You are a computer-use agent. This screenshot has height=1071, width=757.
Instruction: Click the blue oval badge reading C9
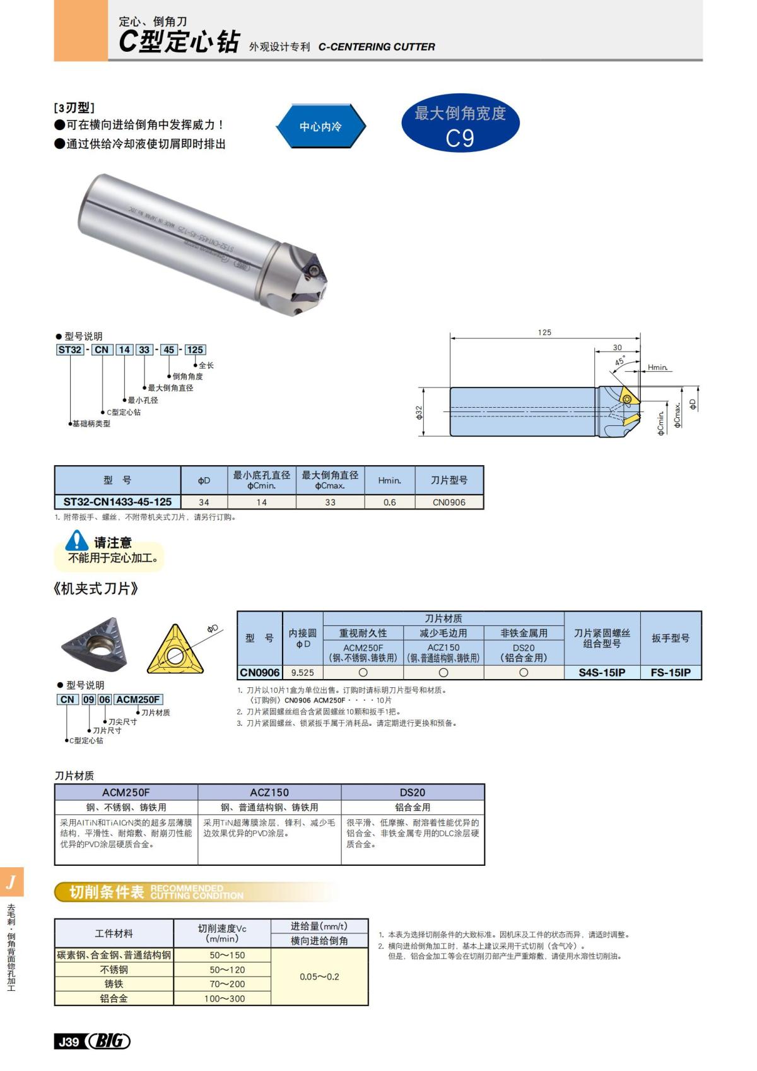(460, 125)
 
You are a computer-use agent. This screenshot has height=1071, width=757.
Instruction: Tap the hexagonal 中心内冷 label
(320, 126)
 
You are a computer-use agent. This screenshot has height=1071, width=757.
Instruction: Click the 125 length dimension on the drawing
(544, 333)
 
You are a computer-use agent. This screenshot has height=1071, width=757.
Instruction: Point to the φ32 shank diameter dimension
(419, 411)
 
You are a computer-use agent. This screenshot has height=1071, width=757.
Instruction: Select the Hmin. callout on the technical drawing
(657, 367)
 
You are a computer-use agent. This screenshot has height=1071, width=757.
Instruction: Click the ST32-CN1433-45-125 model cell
(117, 502)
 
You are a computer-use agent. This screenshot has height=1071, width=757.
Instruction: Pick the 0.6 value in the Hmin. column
(390, 502)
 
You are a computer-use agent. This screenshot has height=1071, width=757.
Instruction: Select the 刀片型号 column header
(449, 480)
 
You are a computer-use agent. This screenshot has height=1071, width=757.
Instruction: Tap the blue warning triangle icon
(78, 540)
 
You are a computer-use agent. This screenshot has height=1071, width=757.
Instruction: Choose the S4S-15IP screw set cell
(602, 673)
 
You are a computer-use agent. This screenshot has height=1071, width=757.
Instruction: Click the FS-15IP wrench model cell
(671, 673)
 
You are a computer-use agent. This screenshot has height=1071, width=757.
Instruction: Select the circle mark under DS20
(524, 673)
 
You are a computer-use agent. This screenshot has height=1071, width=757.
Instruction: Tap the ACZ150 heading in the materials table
(269, 792)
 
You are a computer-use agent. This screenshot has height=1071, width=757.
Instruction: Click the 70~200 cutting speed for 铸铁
(224, 984)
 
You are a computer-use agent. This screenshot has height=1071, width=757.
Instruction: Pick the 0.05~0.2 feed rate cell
(319, 976)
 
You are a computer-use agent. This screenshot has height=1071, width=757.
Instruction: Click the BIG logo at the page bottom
(109, 1041)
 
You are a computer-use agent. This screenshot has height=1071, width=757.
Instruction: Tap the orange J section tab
(11, 882)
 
